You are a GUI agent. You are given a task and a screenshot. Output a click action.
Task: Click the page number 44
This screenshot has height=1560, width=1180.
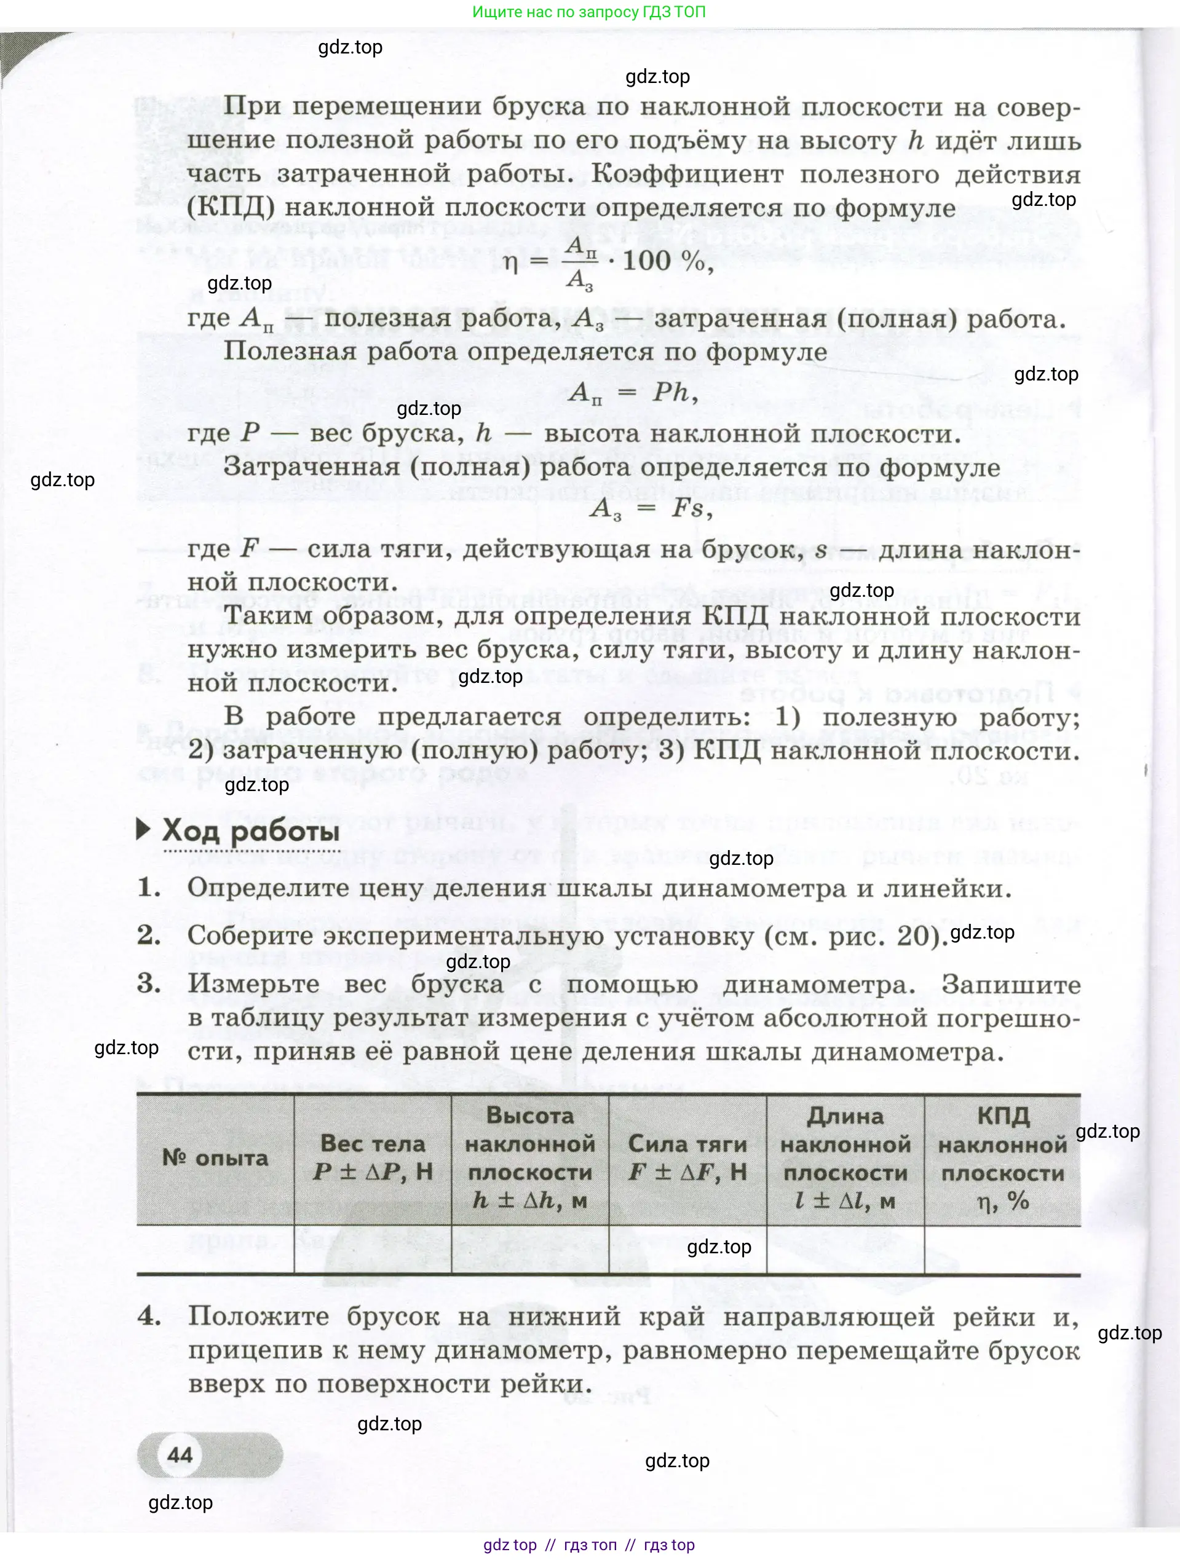[x=180, y=1454]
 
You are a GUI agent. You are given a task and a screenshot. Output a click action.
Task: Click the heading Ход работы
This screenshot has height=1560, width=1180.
[x=250, y=832]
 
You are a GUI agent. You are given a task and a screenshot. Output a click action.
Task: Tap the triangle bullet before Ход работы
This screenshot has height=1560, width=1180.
[x=143, y=829]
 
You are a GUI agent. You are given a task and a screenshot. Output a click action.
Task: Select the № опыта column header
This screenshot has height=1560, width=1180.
[x=215, y=1157]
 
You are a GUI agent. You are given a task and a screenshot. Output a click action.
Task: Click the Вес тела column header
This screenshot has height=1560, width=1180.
[x=373, y=1157]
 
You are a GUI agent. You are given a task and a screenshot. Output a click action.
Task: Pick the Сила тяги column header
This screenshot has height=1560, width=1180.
[x=687, y=1157]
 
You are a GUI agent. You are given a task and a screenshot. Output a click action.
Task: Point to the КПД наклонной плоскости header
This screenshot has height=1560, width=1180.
[x=1002, y=1157]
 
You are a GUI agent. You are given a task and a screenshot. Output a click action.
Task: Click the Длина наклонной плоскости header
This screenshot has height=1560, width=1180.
[x=845, y=1157]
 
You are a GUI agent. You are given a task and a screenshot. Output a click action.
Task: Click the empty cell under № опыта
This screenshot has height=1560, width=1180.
[x=215, y=1249]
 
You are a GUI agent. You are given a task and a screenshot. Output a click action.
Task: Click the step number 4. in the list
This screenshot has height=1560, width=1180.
[x=149, y=1316]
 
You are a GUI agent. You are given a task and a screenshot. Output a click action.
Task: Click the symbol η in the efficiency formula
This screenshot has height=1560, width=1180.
[x=510, y=263]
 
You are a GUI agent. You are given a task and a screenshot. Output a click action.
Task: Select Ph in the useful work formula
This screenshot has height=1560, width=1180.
[x=670, y=392]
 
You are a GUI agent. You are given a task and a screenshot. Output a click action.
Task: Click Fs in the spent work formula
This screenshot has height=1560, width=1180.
[x=687, y=508]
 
